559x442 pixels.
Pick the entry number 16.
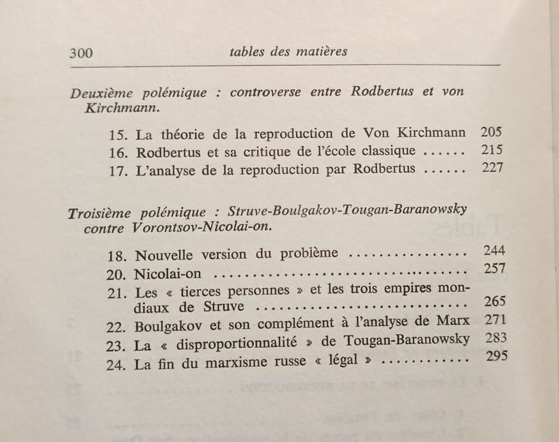coord(118,152)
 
